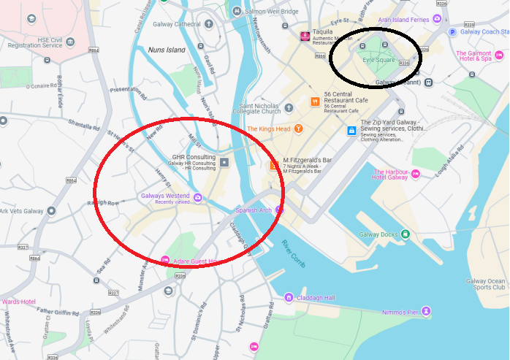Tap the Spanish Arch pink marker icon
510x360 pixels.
point(278,210)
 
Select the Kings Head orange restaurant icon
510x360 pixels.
point(298,129)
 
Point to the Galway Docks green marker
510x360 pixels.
point(405,234)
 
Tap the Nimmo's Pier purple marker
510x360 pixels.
point(426,312)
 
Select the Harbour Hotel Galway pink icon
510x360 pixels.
point(415,174)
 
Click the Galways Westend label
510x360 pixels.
point(164,196)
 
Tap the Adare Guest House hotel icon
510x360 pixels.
point(165,261)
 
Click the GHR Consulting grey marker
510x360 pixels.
point(224,161)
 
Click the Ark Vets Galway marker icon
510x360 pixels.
point(50,211)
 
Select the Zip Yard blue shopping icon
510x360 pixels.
point(351,131)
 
